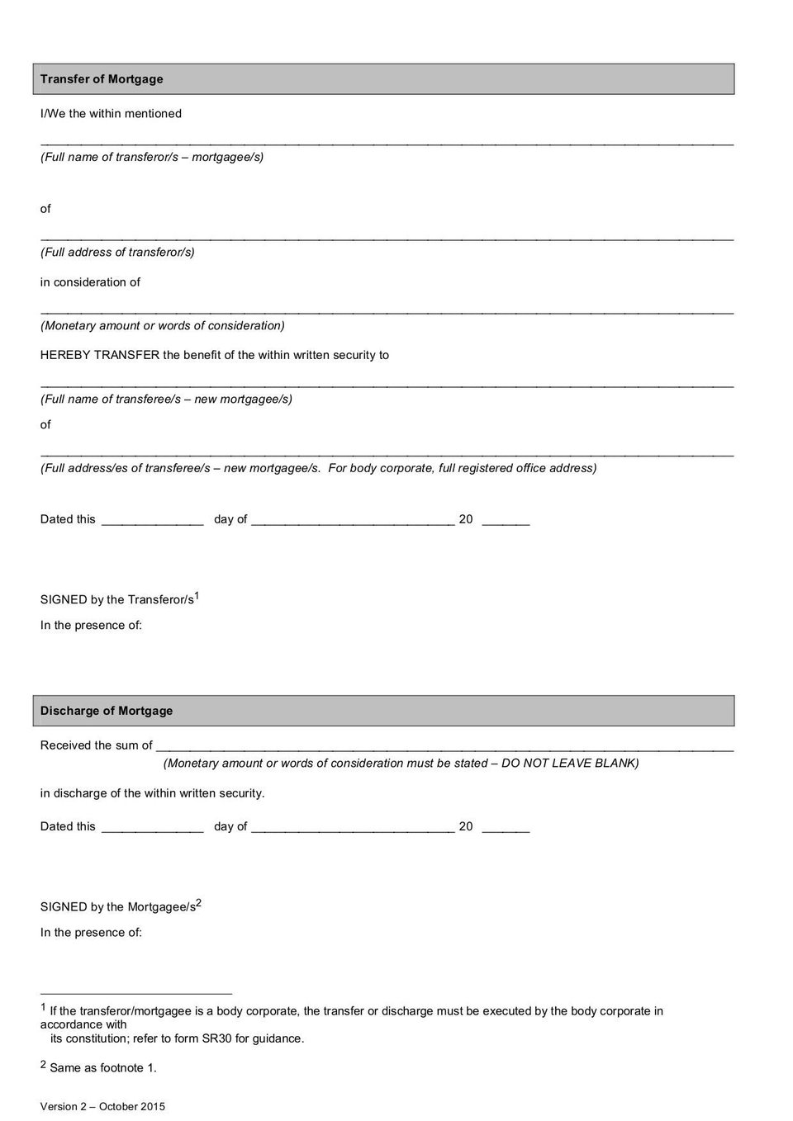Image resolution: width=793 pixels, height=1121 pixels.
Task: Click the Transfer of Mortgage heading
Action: (x=102, y=79)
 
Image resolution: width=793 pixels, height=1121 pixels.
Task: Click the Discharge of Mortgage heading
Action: (x=107, y=711)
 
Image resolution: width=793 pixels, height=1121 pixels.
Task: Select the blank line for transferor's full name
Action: (x=387, y=143)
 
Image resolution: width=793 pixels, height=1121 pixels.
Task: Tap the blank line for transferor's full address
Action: (x=387, y=239)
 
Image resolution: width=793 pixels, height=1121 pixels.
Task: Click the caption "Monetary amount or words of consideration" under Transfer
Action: (x=163, y=326)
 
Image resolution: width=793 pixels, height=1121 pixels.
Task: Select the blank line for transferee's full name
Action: (x=387, y=385)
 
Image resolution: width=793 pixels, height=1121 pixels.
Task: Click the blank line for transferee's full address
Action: (x=387, y=454)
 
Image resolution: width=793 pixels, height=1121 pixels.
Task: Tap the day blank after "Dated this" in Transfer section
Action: (x=153, y=523)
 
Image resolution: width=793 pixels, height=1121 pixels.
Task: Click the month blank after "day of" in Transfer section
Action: (x=353, y=523)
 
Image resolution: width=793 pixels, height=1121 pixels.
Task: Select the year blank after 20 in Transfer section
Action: (x=506, y=523)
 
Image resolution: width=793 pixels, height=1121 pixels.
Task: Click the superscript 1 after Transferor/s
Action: (x=197, y=595)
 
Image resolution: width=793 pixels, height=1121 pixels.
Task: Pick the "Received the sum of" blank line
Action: (x=444, y=749)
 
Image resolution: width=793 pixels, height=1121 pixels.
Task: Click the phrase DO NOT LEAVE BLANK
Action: (x=569, y=764)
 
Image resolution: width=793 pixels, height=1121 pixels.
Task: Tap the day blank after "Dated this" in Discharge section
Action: (x=153, y=830)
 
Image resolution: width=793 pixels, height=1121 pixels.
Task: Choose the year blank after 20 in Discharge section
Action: (x=506, y=830)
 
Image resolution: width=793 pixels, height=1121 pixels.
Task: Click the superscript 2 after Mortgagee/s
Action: (x=199, y=902)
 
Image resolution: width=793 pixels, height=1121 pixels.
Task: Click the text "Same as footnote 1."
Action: (x=103, y=1068)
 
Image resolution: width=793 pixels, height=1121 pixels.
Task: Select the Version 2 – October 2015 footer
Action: (x=102, y=1107)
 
